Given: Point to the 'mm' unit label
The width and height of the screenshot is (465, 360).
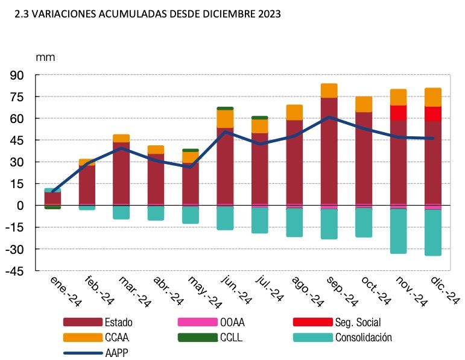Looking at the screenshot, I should tap(45, 58).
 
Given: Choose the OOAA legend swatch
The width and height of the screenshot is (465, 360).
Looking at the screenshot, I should tap(197, 322).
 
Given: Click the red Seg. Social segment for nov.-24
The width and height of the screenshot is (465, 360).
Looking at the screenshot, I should tap(398, 112).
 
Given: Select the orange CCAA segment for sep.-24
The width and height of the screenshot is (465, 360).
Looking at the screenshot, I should tap(329, 90).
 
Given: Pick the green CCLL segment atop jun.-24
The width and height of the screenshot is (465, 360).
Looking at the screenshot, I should tap(225, 109).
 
